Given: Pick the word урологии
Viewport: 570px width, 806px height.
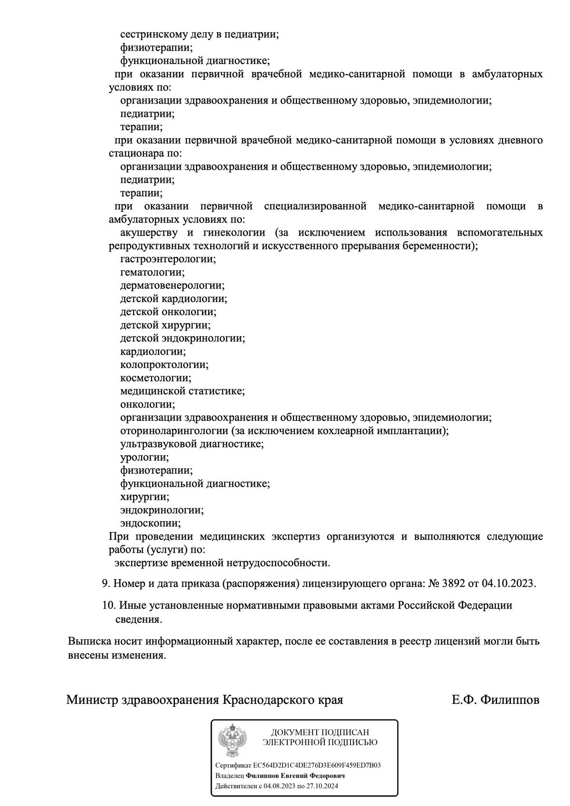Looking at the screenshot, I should coord(144,457).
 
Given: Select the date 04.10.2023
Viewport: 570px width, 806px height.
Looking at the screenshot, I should coord(508,583).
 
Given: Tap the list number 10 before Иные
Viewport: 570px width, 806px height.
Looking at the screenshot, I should coord(109,606).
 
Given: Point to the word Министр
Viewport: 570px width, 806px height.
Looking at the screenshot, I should coord(92,700).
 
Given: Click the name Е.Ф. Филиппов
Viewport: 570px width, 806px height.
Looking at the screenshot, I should coord(495,700).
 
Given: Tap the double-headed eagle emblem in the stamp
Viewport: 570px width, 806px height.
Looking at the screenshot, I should coord(232,740).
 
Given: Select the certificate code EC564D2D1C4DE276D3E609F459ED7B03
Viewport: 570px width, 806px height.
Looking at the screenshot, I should coord(317,765).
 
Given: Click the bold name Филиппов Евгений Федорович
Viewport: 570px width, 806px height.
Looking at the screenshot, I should coord(295,776).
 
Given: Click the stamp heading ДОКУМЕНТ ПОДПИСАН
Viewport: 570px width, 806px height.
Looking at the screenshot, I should coord(320,732).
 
